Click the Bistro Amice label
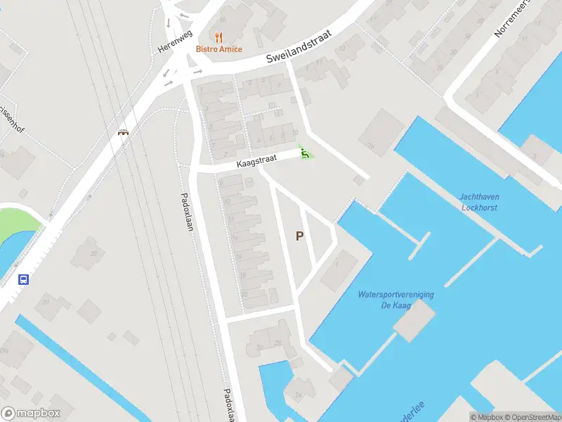click(x=219, y=49)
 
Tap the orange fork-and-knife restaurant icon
click(x=219, y=37)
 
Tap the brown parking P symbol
click(x=300, y=236)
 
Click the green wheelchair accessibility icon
click(x=305, y=152)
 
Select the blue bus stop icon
click(x=24, y=279)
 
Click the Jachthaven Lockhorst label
click(x=480, y=202)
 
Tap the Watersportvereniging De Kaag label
click(x=396, y=300)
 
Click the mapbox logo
click(x=31, y=413)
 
